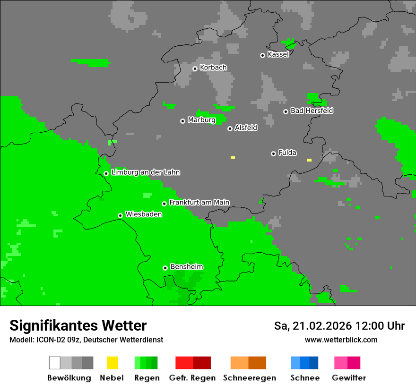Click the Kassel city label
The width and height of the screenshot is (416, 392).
pos(278,54)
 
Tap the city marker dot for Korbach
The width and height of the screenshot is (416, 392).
pos(195,68)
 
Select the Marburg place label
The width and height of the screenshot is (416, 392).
pos(201,120)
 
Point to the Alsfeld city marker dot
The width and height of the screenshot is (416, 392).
pos(230,128)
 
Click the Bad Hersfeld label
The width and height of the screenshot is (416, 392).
pos(312,111)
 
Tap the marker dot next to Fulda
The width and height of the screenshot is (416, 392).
pos(273,153)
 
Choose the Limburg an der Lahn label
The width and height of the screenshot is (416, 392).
pos(145,172)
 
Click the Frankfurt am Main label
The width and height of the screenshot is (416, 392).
pos(199,202)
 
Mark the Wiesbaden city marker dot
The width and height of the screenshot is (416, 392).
pos(121,215)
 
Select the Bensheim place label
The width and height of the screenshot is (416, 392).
pos(186,267)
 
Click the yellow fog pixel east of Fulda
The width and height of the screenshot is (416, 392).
pos(309,160)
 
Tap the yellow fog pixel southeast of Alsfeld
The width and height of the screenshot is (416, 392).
pos(233,157)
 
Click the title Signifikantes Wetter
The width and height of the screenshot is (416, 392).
pos(78,325)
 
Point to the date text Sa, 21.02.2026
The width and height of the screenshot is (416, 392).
pos(313,326)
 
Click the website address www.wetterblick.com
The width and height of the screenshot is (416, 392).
pos(341,340)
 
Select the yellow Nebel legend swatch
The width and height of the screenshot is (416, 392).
pos(112,363)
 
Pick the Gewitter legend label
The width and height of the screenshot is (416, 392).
pos(348,378)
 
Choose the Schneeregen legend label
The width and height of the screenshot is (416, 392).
pos(249,378)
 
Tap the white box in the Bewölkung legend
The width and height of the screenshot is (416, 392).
pos(55,363)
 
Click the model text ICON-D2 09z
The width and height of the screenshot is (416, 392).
pos(54,340)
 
